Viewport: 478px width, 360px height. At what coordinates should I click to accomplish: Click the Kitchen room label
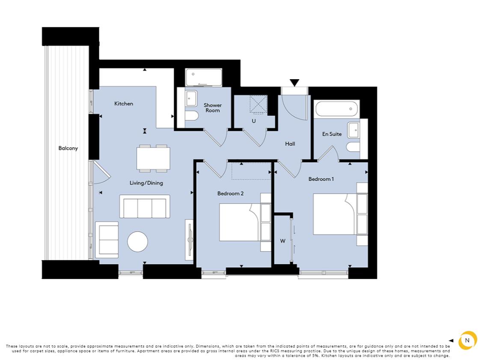tap(123, 104)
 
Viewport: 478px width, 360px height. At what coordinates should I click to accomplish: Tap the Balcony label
tap(68, 149)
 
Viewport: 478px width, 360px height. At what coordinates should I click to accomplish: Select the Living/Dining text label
tap(146, 183)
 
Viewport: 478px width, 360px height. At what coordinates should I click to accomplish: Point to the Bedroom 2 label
tap(230, 193)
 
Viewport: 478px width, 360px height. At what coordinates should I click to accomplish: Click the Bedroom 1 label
tap(321, 179)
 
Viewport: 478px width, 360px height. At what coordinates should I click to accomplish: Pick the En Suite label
tap(332, 134)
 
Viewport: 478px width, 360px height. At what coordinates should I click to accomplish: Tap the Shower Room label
tap(213, 108)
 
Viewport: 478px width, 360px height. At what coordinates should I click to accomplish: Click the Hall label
tap(290, 144)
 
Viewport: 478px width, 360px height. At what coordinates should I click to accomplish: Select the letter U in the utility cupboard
tap(254, 121)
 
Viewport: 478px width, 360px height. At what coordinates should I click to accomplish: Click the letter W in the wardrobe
tap(282, 241)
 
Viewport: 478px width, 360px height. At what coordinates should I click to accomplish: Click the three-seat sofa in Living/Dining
tap(145, 207)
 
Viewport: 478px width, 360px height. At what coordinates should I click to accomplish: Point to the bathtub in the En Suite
tap(336, 109)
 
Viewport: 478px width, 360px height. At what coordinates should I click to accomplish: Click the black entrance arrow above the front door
tap(294, 83)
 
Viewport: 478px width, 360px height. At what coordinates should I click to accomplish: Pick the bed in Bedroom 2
tap(240, 222)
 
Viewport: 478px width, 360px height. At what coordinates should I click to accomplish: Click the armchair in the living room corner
tap(107, 240)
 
